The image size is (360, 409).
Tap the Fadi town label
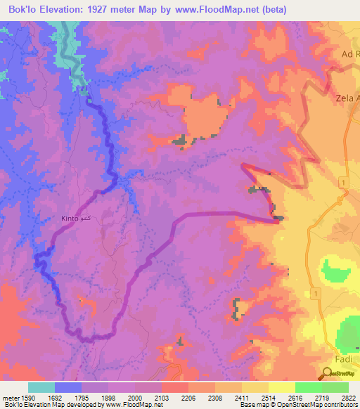click(345, 359)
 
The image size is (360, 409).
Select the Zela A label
click(346, 98)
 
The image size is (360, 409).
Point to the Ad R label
click(349, 54)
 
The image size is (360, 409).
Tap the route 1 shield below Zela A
click(342, 182)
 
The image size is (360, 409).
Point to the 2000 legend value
click(134, 397)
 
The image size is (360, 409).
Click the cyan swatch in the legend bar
click(41, 387)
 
